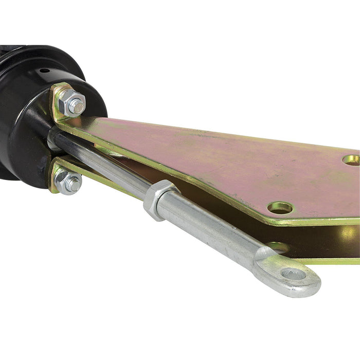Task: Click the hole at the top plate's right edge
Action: (352, 159)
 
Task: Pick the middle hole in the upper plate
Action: (280, 208)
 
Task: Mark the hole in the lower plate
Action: (278, 247)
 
